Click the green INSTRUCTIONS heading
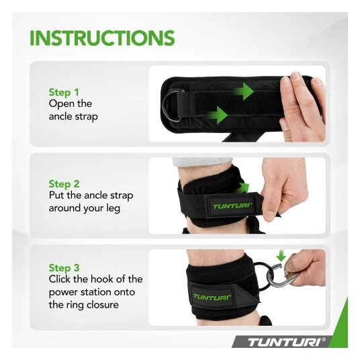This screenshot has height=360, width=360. coord(102,38)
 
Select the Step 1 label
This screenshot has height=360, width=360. coord(64,92)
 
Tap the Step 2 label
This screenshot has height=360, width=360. coord(64,184)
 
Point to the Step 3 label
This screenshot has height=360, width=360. coord(64,268)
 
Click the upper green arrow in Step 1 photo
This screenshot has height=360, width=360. coord(242,91)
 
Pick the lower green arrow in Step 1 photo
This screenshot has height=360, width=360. coord(216,115)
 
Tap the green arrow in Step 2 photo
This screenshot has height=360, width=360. coord(242,188)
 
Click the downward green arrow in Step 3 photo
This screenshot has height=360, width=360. coord(281,256)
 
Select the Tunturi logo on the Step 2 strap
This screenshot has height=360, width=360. coord(232,206)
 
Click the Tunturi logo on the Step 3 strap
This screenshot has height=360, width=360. coord(212,297)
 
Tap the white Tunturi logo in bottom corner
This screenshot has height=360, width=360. coord(287,343)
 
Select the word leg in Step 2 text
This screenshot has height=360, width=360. coord(113,208)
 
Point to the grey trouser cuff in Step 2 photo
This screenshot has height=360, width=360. coord(202,161)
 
